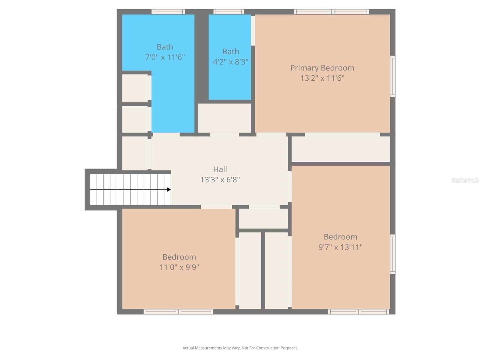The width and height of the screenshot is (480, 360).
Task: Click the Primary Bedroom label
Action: coord(322,68)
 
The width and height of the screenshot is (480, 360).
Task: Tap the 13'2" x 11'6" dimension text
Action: coord(322,78)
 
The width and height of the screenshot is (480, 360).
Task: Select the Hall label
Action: coord(220,169)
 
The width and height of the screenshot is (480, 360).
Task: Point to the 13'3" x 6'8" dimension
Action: coord(220,180)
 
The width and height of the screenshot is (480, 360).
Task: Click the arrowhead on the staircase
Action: coord(169,190)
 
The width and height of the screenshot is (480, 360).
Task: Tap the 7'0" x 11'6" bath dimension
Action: coord(165,57)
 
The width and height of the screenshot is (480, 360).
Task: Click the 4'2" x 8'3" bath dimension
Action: coord(230,62)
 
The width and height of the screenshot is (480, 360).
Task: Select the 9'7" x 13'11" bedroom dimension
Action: coord(340,247)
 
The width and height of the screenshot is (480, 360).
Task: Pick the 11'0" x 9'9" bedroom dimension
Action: coord(179,267)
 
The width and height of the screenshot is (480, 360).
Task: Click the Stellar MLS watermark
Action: coord(465,180)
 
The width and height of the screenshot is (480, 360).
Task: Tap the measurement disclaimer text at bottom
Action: coord(240,348)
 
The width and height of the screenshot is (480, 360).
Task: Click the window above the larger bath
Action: coord(168,12)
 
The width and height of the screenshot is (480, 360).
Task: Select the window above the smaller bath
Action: coord(229,12)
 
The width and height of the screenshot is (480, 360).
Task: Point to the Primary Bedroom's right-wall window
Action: coord(392,76)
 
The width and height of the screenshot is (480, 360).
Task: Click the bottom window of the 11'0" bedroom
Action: coord(178,312)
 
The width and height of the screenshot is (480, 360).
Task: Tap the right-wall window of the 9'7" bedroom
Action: coord(392,254)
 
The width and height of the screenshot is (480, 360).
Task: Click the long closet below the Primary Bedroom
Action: coord(340,149)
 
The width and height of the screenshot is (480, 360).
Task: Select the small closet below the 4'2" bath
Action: coord(224,118)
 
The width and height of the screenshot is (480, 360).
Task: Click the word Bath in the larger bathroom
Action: coord(165,47)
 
